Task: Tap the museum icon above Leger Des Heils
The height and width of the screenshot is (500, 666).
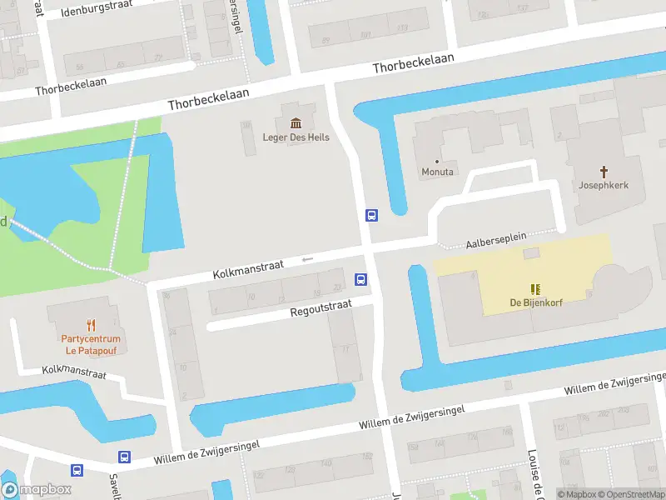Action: [x=296, y=122]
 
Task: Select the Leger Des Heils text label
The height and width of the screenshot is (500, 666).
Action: [x=296, y=137]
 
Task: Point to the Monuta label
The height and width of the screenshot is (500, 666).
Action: [x=437, y=172]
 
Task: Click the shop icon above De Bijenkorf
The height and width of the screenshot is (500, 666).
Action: [x=535, y=288]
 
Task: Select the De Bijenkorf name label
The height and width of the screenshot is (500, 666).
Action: [x=536, y=302]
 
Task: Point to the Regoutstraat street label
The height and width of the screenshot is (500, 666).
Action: [x=321, y=310]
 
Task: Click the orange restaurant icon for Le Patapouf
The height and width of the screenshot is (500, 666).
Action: [x=91, y=326]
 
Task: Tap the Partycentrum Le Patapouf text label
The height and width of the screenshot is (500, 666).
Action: [x=91, y=345]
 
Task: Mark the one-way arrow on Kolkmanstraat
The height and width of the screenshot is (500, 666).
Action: [x=307, y=259]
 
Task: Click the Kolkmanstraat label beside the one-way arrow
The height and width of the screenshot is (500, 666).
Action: [x=248, y=268]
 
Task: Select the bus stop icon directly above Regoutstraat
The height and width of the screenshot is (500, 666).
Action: [x=360, y=279]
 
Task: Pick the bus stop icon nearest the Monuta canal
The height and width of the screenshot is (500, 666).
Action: [x=372, y=216]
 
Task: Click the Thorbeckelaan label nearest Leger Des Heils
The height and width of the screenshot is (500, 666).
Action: [x=208, y=100]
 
